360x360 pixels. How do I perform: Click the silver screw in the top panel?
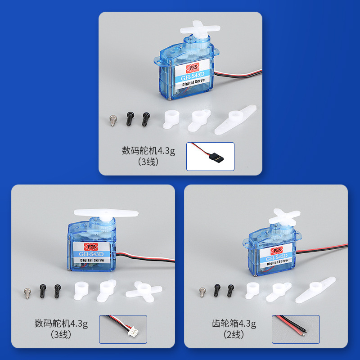pyautogui.click(x=113, y=120)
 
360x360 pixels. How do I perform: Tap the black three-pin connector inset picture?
pyautogui.click(x=210, y=156)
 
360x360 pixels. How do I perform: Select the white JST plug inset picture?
pyautogui.click(x=123, y=329)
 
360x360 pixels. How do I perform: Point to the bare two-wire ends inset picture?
pyautogui.click(x=296, y=329)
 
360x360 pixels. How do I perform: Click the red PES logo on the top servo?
pyautogui.click(x=193, y=67)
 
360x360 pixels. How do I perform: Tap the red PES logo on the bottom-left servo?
pyautogui.click(x=91, y=247)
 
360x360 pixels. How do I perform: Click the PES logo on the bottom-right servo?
pyautogui.click(x=276, y=250)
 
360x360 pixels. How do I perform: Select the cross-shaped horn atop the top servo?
pyautogui.click(x=199, y=29)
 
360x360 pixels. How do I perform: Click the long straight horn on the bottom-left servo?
pyautogui.click(x=106, y=213)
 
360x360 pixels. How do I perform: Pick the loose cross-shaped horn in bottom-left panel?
pyautogui.click(x=144, y=291)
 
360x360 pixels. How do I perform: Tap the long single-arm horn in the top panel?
pyautogui.click(x=235, y=119)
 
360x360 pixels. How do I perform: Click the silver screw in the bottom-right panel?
pyautogui.click(x=202, y=292)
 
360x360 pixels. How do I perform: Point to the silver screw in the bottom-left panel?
pyautogui.click(x=27, y=293)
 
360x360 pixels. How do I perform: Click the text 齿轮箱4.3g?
pyautogui.click(x=234, y=324)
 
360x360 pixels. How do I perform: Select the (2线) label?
pyautogui.click(x=234, y=335)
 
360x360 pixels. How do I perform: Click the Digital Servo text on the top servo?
pyautogui.click(x=193, y=82)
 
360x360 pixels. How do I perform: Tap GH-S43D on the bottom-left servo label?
pyautogui.click(x=91, y=254)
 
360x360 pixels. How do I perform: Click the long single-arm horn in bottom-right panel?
pyautogui.click(x=315, y=290)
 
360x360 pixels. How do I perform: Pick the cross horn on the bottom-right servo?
pyautogui.click(x=284, y=217)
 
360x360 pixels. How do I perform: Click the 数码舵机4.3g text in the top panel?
pyautogui.click(x=148, y=151)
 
